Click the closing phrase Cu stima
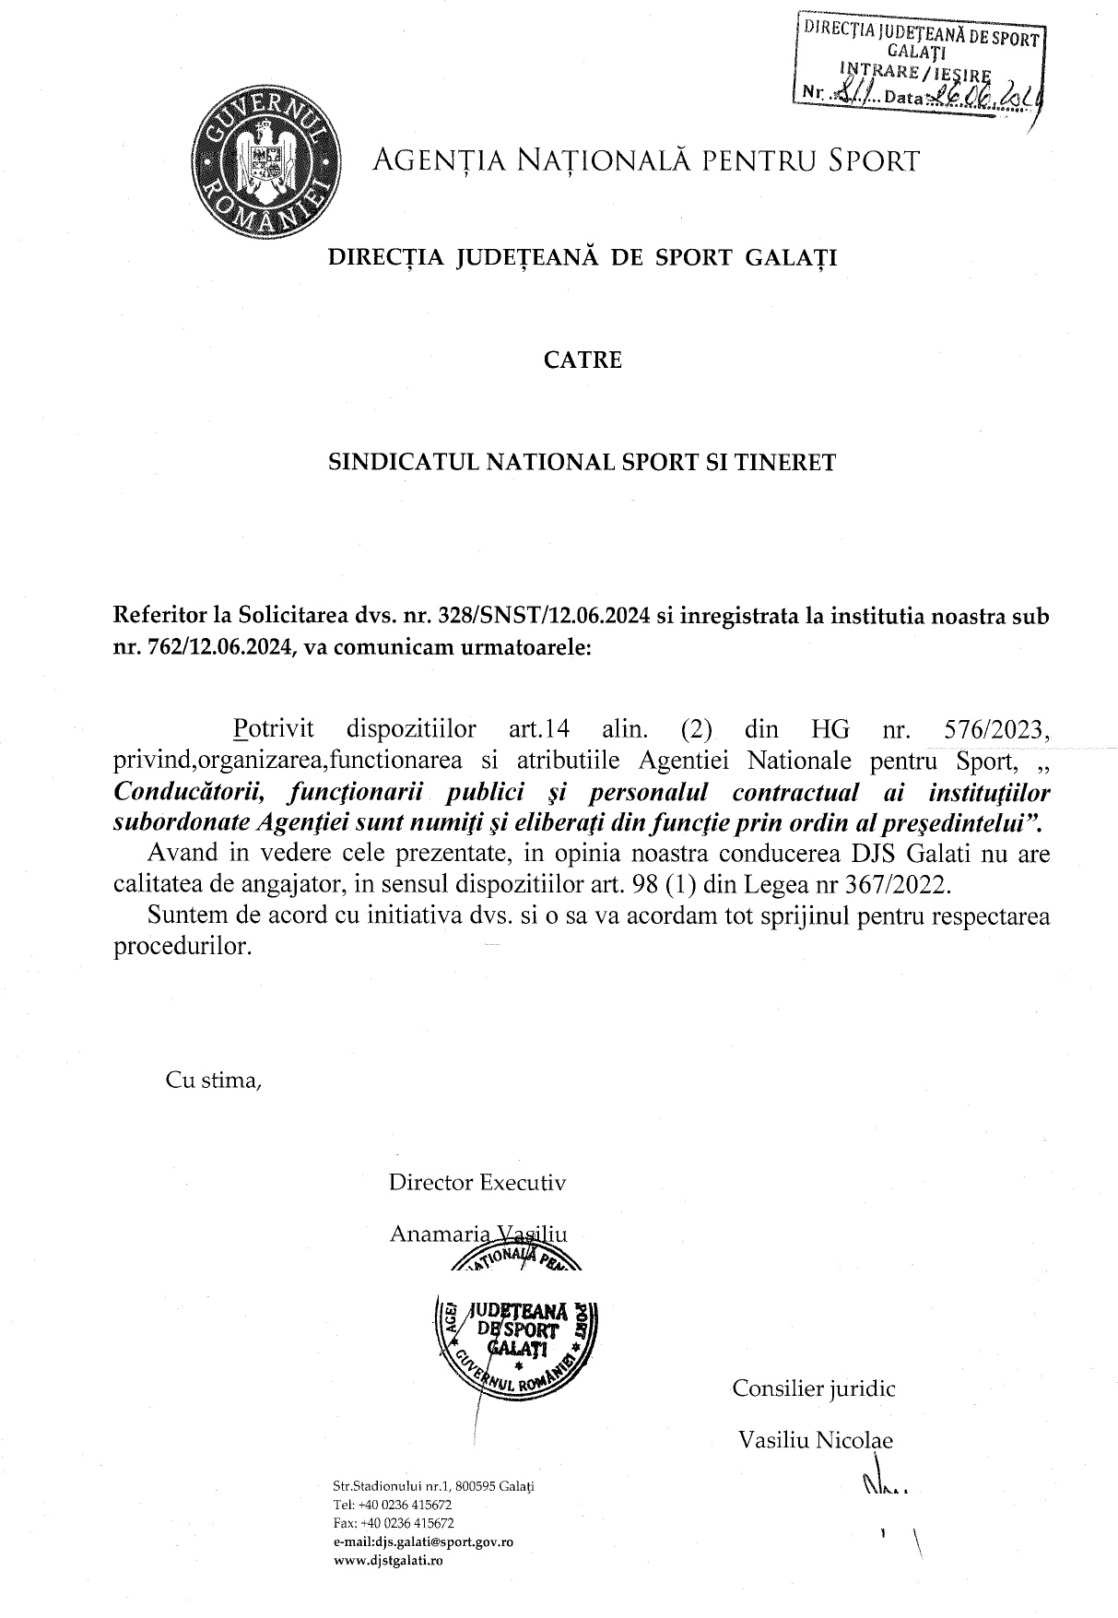(213, 1080)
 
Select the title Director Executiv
(477, 1182)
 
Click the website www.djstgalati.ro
(387, 1561)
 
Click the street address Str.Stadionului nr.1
(392, 1486)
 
